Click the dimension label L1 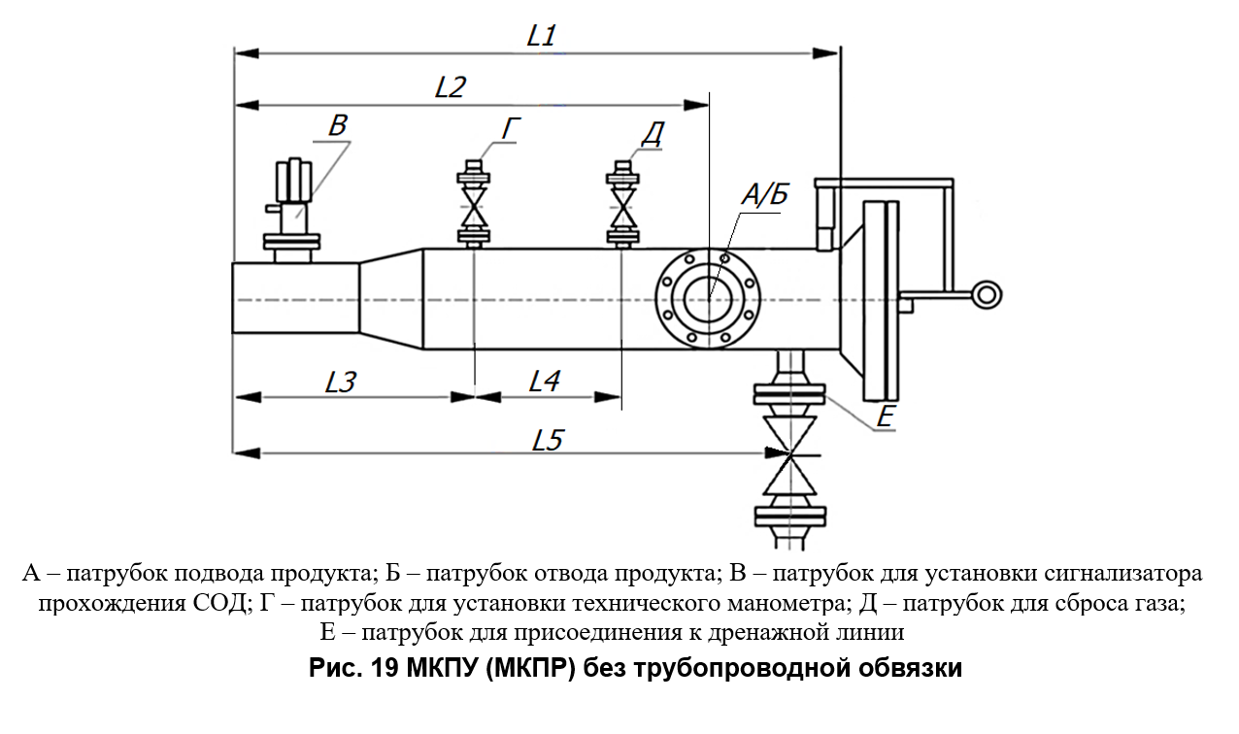click(x=541, y=36)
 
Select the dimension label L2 click(x=450, y=87)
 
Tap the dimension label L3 click(x=341, y=382)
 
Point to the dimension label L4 click(x=544, y=382)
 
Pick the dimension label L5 click(x=548, y=440)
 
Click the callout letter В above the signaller click(x=337, y=125)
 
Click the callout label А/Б click(x=764, y=195)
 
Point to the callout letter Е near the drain click(x=885, y=417)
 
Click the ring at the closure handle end click(x=988, y=292)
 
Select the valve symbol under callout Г click(x=474, y=209)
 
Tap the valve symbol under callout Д click(x=621, y=209)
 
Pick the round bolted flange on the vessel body click(x=710, y=298)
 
